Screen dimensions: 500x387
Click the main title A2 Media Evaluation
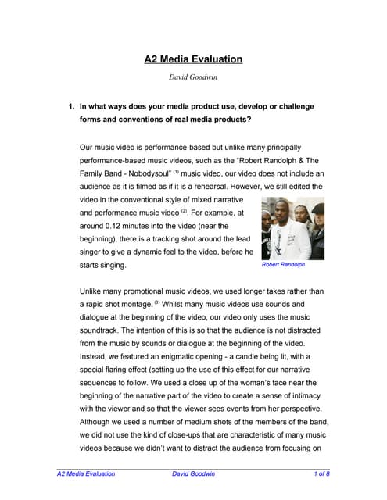pyautogui.click(x=193, y=59)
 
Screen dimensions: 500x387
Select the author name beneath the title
pyautogui.click(x=193, y=77)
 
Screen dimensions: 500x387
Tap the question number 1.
pyautogui.click(x=71, y=105)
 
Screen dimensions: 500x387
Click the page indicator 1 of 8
pyautogui.click(x=321, y=474)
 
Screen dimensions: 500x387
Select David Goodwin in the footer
pyautogui.click(x=194, y=474)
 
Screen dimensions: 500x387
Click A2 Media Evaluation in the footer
pyautogui.click(x=87, y=474)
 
